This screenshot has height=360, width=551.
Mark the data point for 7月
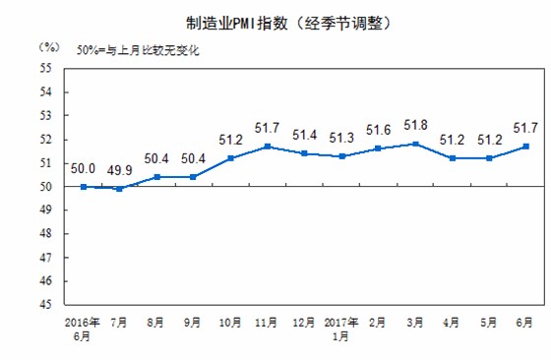[118, 189]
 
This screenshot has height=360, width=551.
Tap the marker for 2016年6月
[84, 187]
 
